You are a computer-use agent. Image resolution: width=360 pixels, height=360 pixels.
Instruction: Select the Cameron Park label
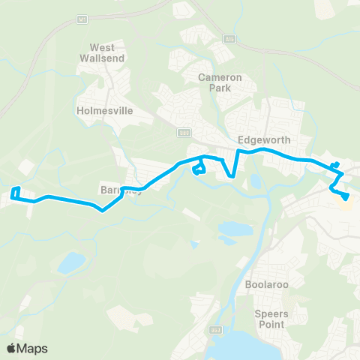point(217,82)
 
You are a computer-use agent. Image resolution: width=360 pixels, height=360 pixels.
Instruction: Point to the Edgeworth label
point(262,139)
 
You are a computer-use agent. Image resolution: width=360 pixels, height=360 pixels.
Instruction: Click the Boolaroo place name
point(262,285)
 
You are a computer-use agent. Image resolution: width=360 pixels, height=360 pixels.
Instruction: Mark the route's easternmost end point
point(347,198)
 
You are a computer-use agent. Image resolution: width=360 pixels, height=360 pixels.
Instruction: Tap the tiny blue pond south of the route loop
point(196,244)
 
